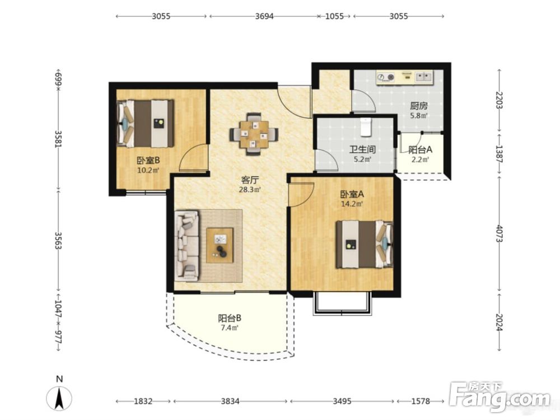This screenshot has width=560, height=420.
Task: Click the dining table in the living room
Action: point(254,134)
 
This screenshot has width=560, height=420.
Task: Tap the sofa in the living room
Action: point(187,246)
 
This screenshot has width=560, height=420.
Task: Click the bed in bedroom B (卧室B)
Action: point(146,123)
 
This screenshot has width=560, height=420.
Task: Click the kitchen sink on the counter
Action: point(424,76)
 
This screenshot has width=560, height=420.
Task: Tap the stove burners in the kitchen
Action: point(386,77)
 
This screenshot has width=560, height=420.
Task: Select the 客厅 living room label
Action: point(250,180)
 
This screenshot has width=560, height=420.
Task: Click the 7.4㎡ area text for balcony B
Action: point(229,328)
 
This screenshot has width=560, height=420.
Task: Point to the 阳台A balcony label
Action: point(420,150)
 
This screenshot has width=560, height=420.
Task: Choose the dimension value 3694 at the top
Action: point(264,16)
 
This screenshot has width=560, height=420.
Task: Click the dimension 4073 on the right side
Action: point(500,234)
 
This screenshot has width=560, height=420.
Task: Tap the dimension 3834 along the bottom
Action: point(230,401)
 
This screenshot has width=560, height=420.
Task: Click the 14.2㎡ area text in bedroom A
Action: point(352,204)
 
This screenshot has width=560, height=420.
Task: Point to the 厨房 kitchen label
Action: point(418,106)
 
